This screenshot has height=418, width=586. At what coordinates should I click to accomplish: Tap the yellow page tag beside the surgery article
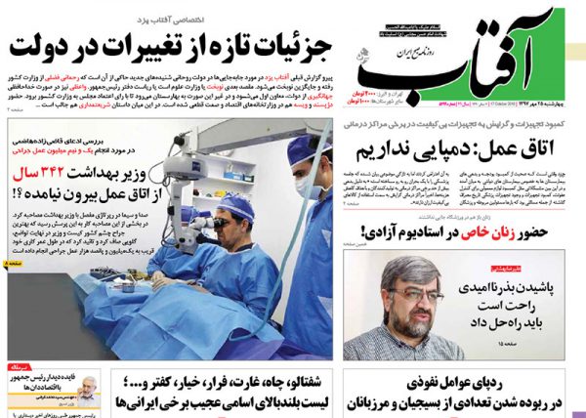[8, 264]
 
